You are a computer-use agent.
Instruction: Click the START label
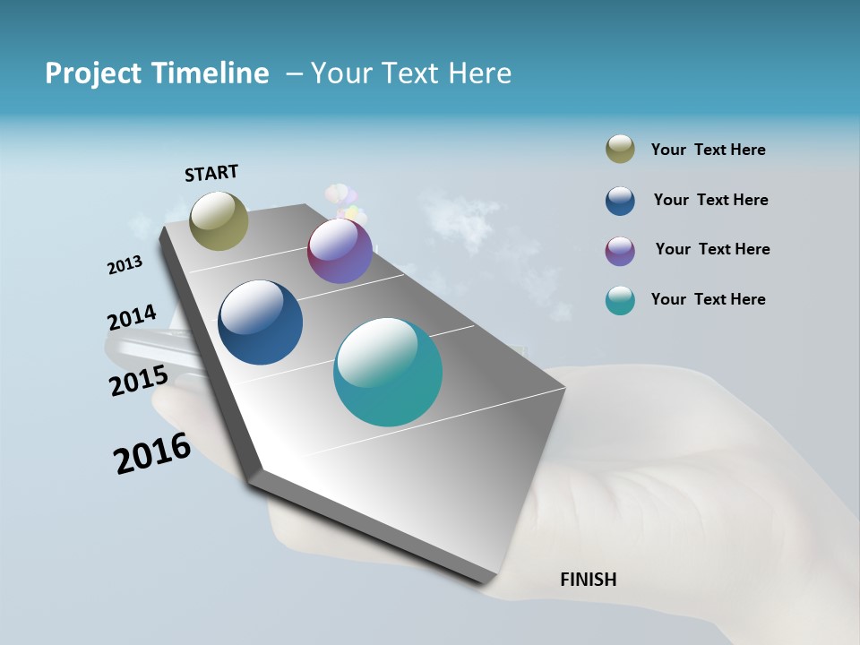(211, 173)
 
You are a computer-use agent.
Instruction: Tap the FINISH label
(588, 580)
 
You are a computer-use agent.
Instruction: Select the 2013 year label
(125, 265)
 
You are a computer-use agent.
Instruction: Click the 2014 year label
(132, 318)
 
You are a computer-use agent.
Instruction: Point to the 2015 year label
(138, 381)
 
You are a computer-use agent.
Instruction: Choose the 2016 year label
(152, 453)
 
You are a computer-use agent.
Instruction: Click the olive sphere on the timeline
(219, 221)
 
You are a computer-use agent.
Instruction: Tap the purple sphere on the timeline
(340, 251)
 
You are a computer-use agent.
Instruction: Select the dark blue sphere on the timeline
(260, 322)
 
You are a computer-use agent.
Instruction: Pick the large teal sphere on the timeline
(388, 372)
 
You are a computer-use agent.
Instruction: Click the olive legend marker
(620, 150)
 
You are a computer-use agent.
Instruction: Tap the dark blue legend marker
(620, 201)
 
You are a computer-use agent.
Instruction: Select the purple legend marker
(620, 251)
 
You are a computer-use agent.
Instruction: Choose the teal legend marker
(620, 300)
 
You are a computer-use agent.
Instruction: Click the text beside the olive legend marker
(708, 150)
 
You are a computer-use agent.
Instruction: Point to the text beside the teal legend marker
(708, 299)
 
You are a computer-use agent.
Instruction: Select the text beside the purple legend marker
(712, 249)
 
